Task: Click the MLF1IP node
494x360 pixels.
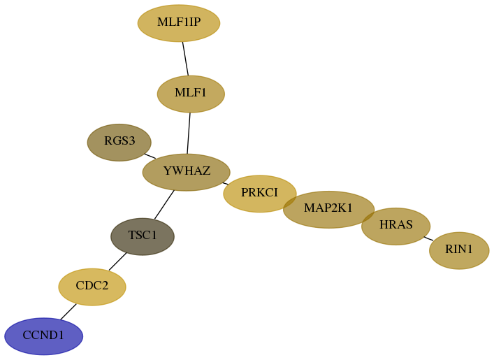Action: point(179,23)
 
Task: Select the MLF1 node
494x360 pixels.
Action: point(191,94)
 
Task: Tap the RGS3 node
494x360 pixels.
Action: point(119,143)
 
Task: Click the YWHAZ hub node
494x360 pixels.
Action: point(187,173)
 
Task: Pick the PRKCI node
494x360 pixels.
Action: point(260,194)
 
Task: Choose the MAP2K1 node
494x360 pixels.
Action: point(328,209)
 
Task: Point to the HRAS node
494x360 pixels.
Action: point(395,226)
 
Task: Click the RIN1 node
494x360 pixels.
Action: point(459,251)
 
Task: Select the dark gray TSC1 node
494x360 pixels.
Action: point(143,236)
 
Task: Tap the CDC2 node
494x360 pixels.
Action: point(92,287)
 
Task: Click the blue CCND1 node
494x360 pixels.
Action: point(44,336)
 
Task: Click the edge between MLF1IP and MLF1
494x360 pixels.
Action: point(185,59)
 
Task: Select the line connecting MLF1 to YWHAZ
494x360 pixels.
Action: point(189,134)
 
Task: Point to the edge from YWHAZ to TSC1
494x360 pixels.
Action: point(164,205)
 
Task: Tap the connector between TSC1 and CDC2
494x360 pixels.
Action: point(118,261)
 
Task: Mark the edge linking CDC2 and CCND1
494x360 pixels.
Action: point(68,312)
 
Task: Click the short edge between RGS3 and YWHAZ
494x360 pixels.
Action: point(150,156)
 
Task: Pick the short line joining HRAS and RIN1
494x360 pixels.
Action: point(428,238)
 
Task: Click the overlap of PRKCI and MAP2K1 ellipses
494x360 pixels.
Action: point(290,201)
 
